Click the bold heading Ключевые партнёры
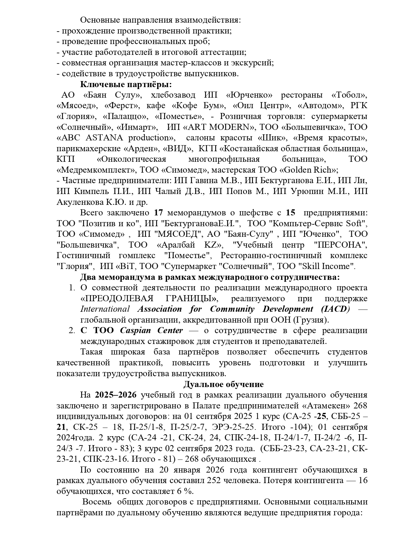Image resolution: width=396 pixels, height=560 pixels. [x=126, y=84]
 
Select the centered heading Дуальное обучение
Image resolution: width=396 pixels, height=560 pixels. [x=224, y=384]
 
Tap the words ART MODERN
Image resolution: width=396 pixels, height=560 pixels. [x=218, y=127]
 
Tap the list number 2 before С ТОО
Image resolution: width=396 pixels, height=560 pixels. [x=72, y=331]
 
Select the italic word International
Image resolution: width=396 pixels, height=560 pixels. [x=105, y=309]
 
